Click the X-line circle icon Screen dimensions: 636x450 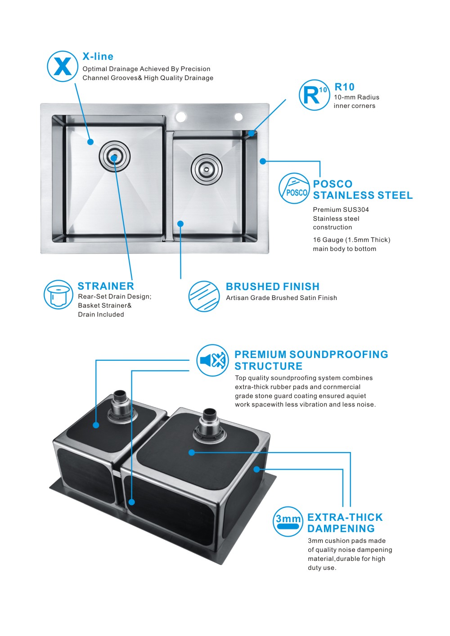click(63, 66)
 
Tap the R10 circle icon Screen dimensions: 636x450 click(314, 95)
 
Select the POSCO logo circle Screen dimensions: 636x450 click(294, 188)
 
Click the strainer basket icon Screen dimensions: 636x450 click(58, 295)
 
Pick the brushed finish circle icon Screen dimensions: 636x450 click(204, 296)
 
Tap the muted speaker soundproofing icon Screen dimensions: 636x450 click(212, 360)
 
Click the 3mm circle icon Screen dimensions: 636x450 click(288, 521)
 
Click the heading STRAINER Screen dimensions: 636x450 click(106, 286)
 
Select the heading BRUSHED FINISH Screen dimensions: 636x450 click(272, 287)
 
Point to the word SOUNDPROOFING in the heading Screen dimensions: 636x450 click(339, 354)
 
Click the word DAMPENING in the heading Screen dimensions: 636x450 click(341, 529)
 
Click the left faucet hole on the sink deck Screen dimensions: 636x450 click(181, 117)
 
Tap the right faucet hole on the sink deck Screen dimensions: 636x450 click(238, 117)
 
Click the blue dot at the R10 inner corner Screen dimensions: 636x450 click(252, 134)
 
